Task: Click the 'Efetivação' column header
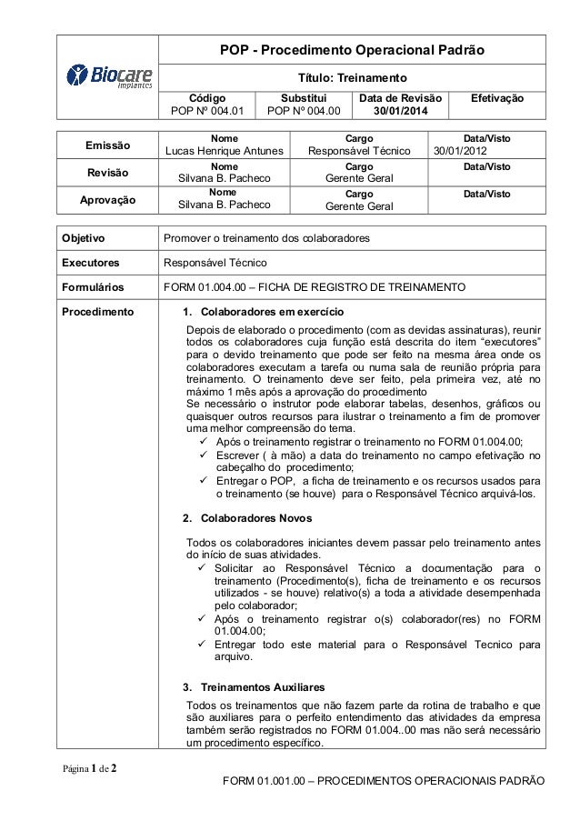(500, 96)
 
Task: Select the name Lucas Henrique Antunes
(222, 151)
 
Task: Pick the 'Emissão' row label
(107, 145)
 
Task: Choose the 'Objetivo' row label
(82, 239)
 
